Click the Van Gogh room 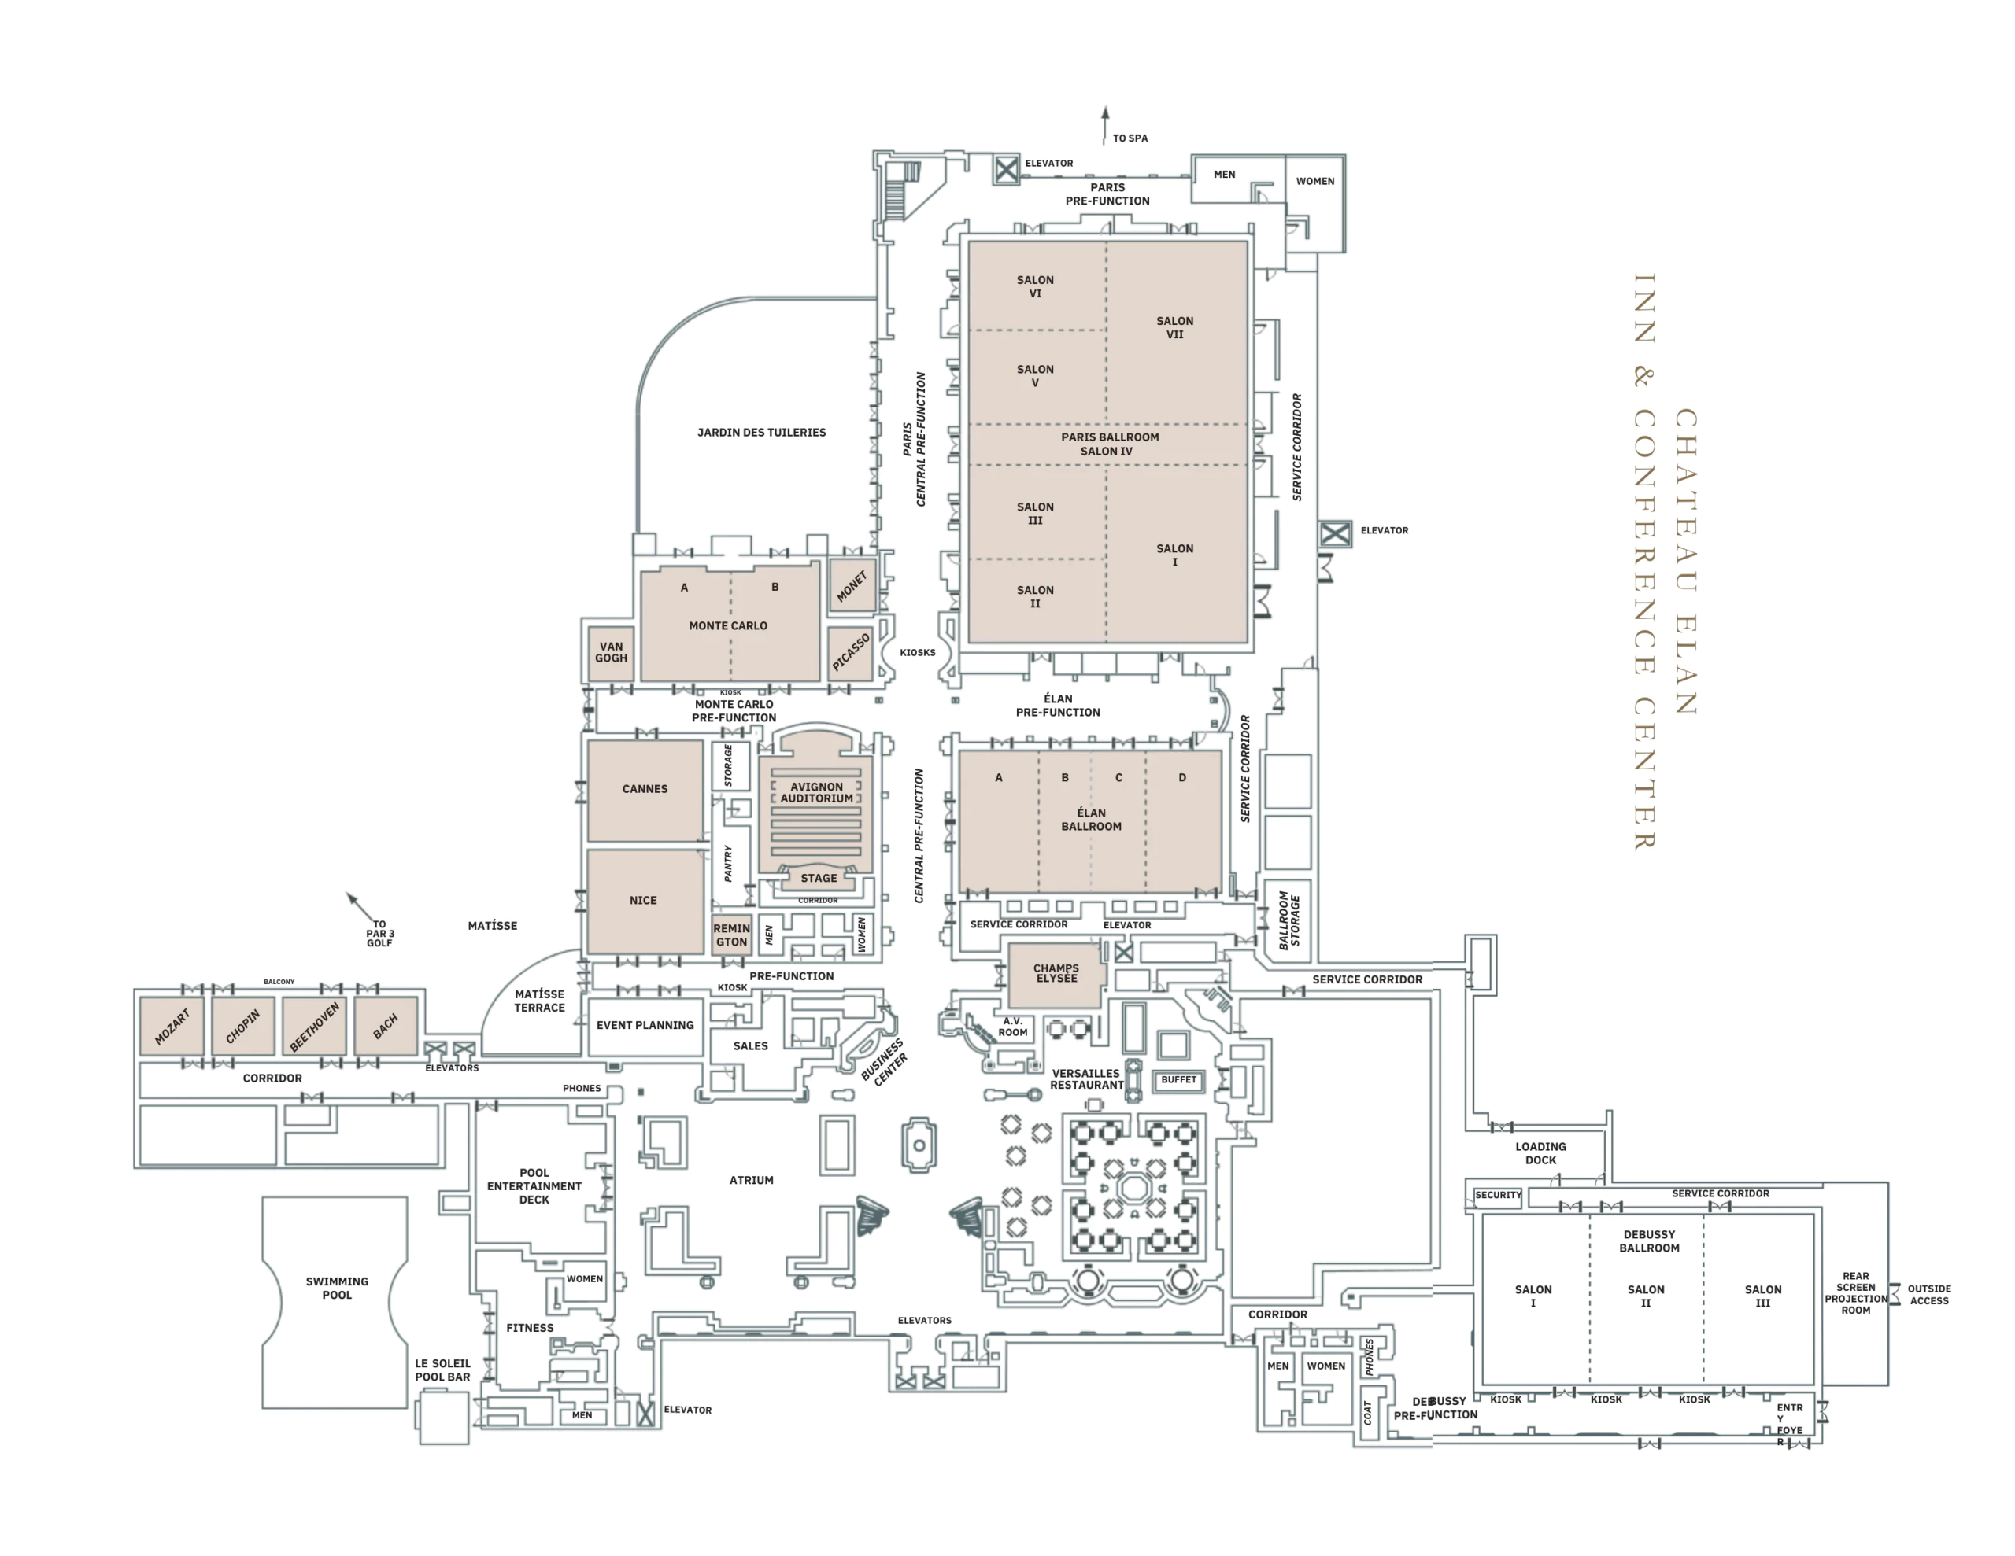[610, 653]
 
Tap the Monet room [852, 584]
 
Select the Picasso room [850, 653]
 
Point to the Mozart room [172, 1026]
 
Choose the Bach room [386, 1026]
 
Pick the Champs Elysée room [1056, 975]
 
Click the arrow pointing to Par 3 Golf [360, 907]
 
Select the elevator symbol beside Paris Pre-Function [1007, 170]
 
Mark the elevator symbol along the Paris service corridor [1335, 533]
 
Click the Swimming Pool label [337, 1288]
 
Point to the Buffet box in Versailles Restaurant [1178, 1080]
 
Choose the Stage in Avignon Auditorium [819, 878]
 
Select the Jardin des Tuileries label [761, 433]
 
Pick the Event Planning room [645, 1026]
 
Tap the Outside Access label [1929, 1295]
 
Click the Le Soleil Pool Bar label [443, 1370]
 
